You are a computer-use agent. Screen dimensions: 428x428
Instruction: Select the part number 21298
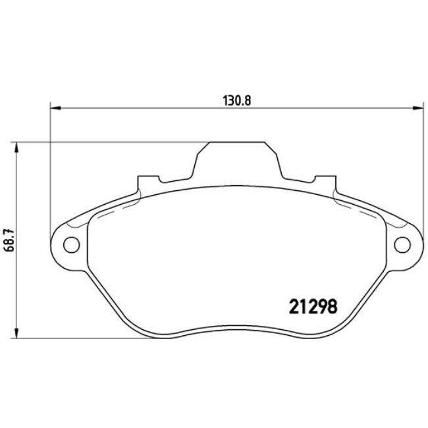point(313,306)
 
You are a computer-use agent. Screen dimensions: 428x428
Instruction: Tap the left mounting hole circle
point(68,244)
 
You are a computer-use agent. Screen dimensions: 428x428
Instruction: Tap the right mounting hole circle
point(400,245)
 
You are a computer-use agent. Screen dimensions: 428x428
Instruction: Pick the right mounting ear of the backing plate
point(402,244)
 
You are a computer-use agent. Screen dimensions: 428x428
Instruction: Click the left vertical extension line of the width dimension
point(51,171)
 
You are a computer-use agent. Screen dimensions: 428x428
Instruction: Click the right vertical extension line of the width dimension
point(421,171)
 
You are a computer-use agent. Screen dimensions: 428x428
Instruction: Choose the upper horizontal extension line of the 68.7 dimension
point(105,142)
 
